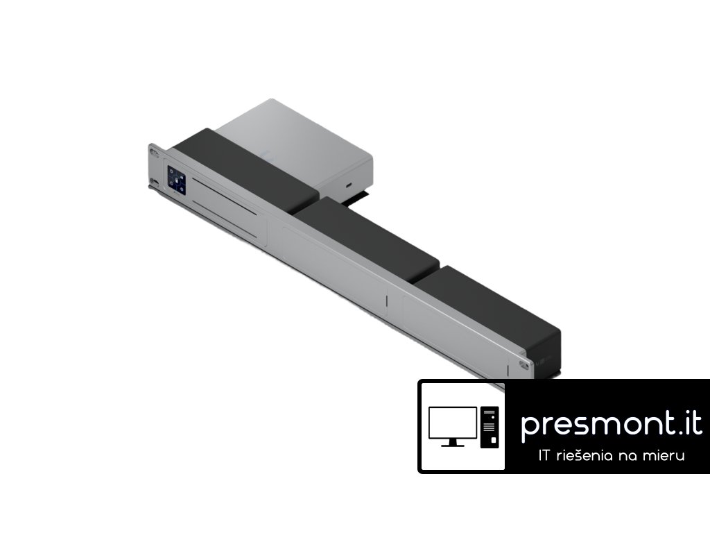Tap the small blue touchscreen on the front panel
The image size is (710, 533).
tap(177, 180)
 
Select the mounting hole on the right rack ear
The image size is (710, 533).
tap(526, 365)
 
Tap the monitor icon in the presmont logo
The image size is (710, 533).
tap(452, 427)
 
